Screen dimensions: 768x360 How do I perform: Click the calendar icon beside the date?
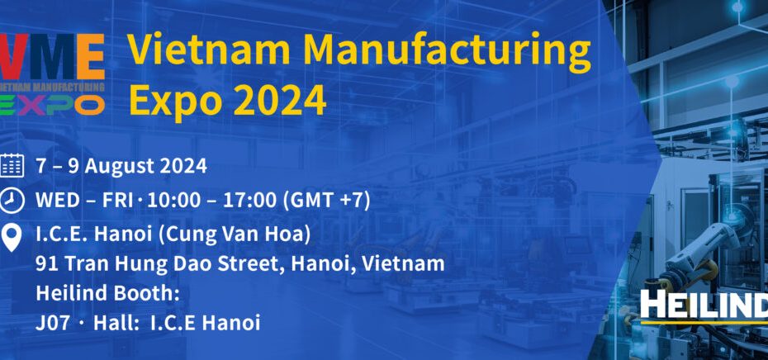tap(12, 166)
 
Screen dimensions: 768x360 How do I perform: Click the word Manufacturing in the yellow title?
tap(448, 52)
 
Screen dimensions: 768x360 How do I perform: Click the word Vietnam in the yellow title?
tap(211, 50)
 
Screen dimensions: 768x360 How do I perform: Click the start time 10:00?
tap(168, 201)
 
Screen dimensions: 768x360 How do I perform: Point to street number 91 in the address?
tap(47, 264)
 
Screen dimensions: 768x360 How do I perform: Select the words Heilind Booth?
tap(107, 293)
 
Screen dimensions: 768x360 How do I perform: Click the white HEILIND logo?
tap(704, 305)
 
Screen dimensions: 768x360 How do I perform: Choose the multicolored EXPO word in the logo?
tap(52, 105)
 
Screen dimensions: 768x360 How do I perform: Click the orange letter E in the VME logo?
tap(90, 56)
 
